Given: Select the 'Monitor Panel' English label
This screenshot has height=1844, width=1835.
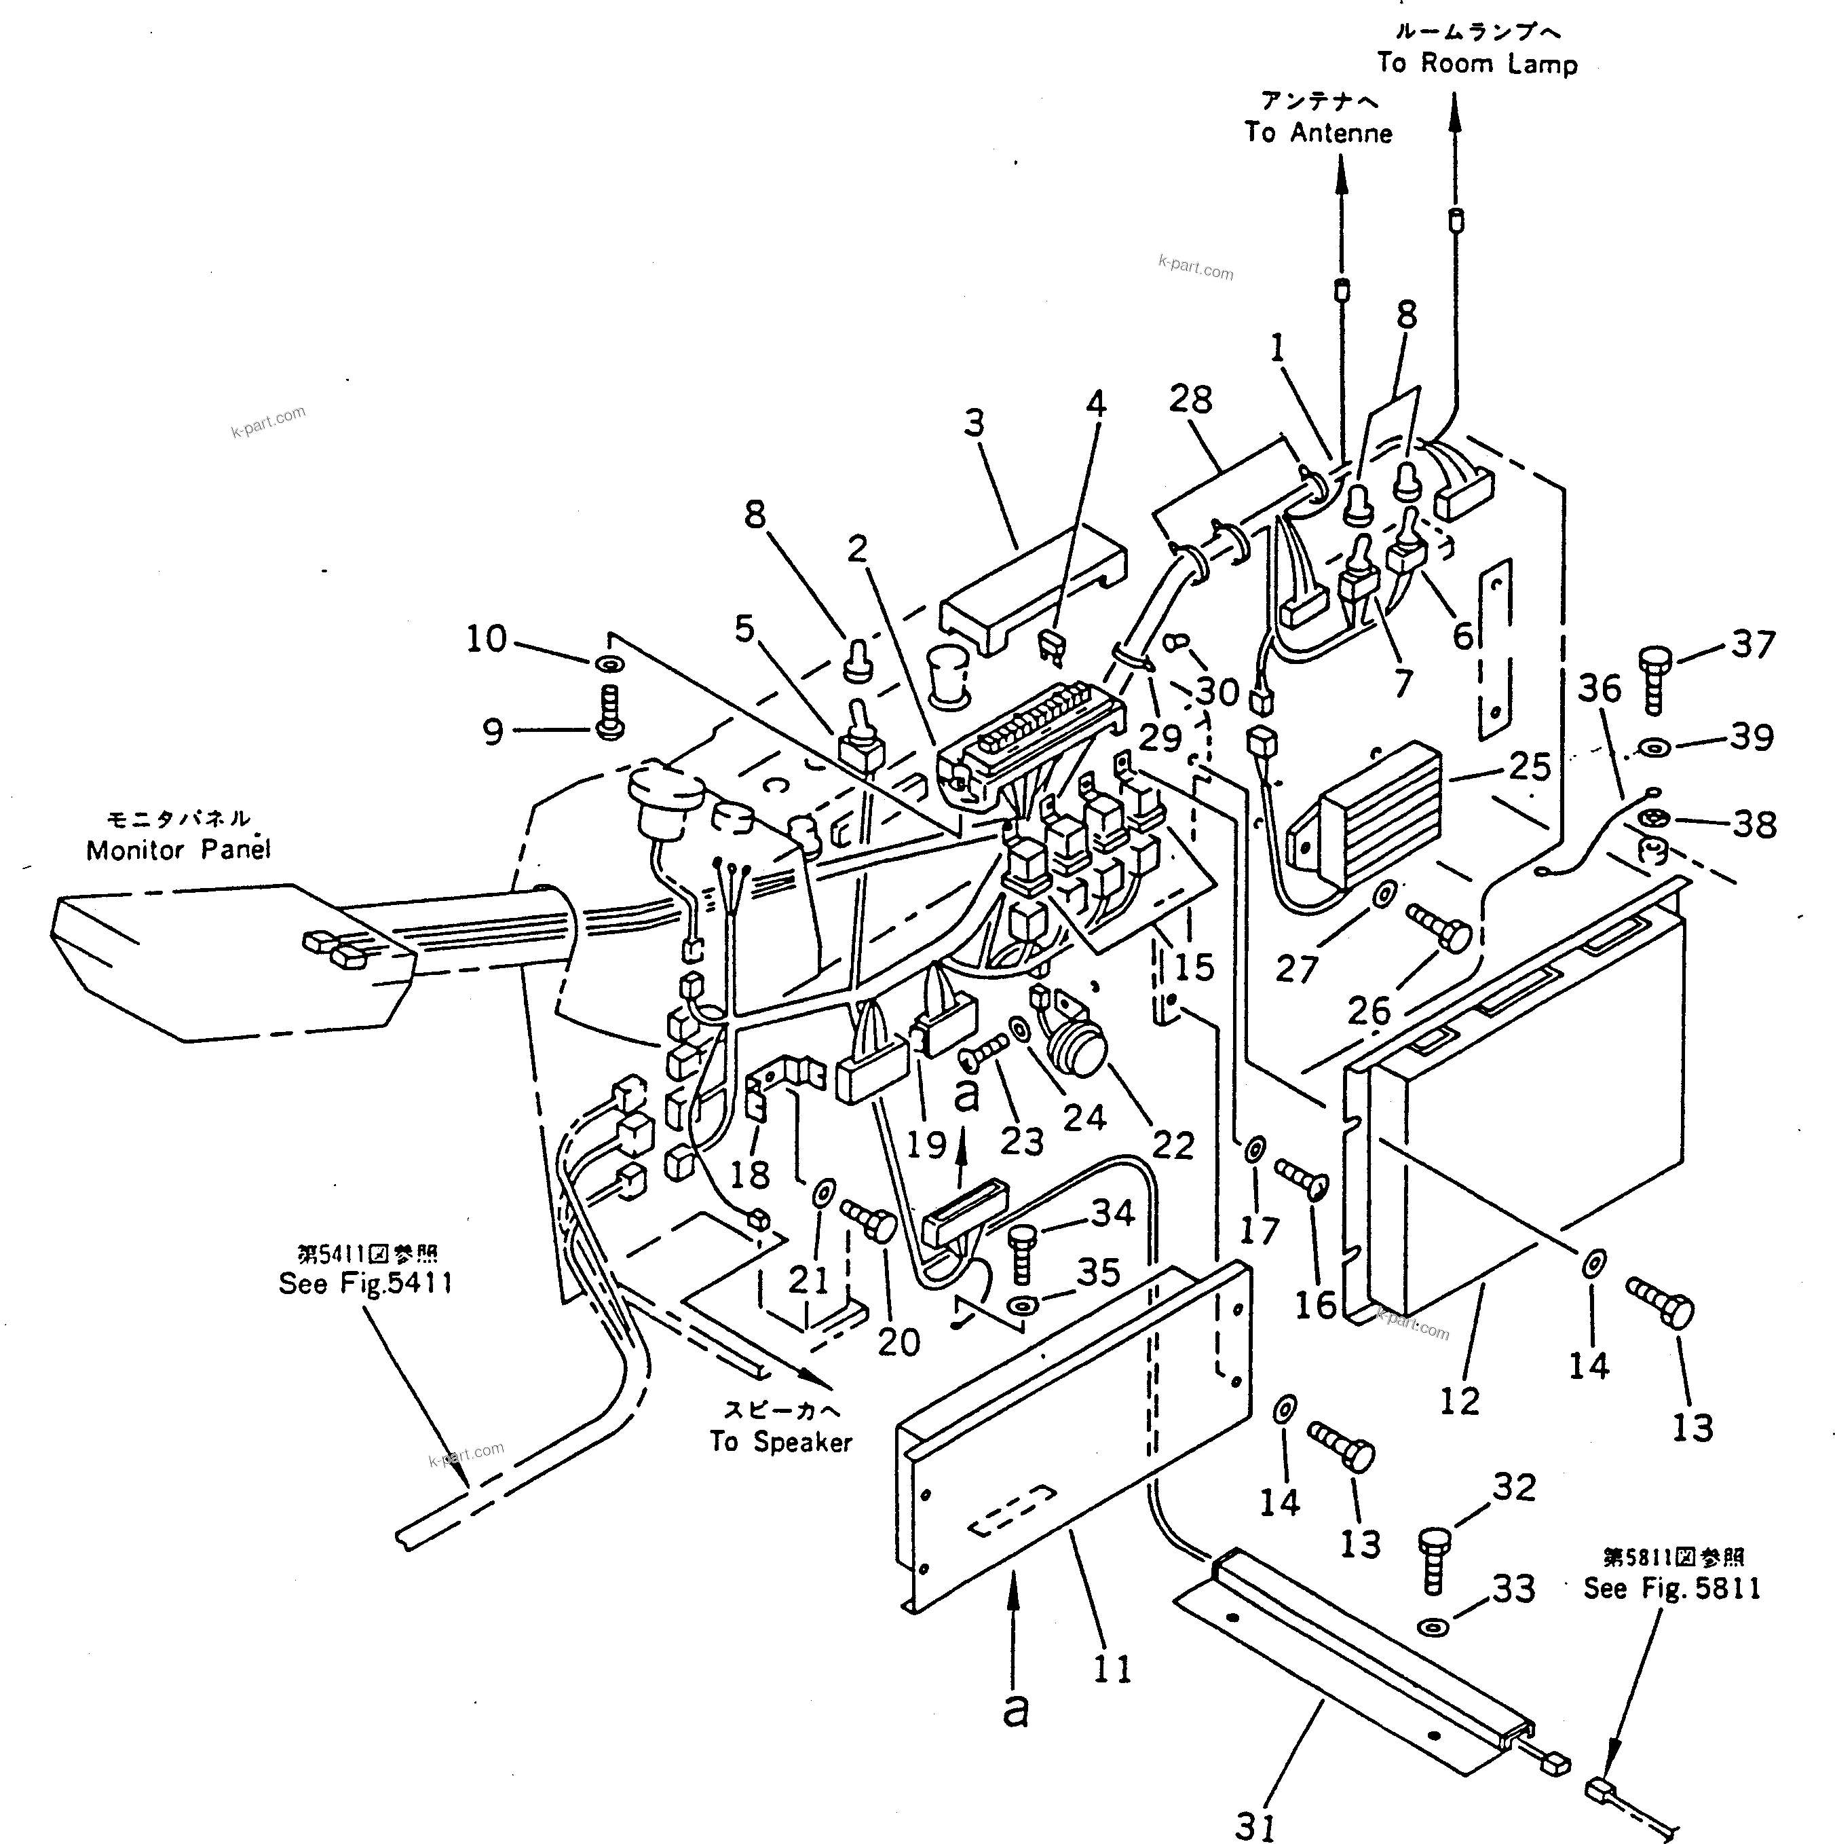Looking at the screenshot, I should pos(178,849).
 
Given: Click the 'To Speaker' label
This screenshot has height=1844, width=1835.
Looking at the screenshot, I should pos(780,1441).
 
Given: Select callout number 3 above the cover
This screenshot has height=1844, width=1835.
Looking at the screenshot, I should pos(973,423).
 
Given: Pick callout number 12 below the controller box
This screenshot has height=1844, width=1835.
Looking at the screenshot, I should pos(1458,1402).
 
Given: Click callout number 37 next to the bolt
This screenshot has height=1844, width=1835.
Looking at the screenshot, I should pos(1754,644).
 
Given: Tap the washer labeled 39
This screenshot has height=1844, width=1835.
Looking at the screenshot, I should pos(1654,745).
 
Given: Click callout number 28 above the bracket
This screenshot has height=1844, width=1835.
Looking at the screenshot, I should pos(1190,399).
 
